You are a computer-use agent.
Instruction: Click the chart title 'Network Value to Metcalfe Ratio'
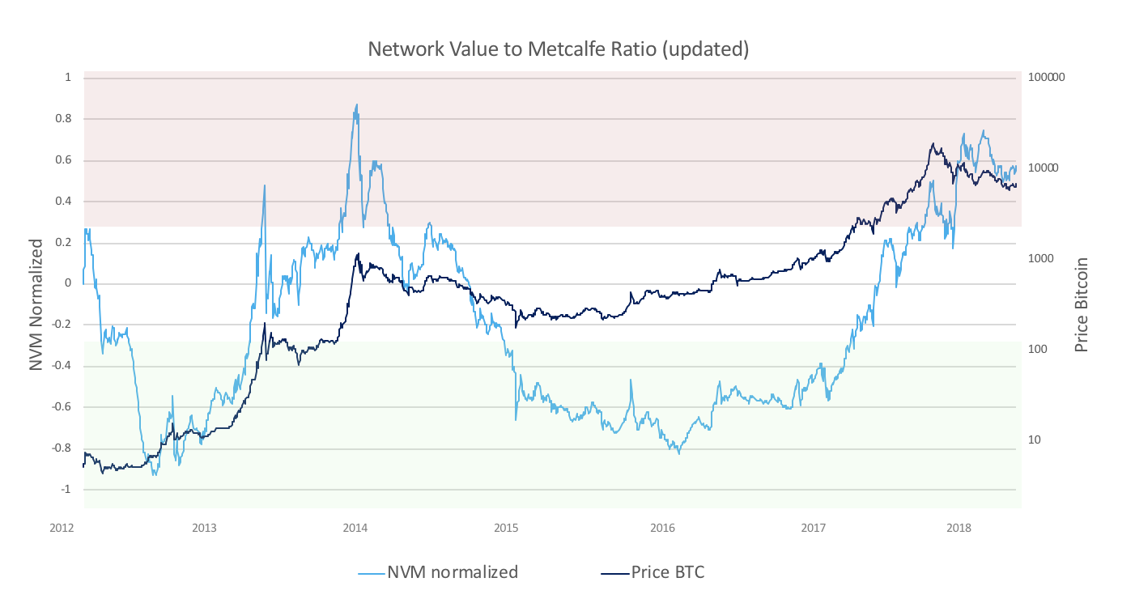558,49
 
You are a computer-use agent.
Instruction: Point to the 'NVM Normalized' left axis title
36,304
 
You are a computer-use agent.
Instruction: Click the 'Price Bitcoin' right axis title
1080,304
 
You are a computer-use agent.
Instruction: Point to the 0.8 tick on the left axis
63,119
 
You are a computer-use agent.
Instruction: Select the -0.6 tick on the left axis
61,407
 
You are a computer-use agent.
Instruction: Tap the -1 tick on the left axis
65,490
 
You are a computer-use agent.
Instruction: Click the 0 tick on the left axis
68,284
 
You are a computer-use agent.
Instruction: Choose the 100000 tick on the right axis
1047,79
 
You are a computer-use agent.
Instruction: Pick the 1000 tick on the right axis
1040,259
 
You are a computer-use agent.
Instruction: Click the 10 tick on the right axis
1034,440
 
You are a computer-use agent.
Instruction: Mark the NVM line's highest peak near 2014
356,104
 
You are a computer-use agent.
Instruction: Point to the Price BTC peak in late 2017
933,144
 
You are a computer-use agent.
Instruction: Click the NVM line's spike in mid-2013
265,185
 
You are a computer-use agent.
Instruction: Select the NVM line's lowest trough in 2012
154,474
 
